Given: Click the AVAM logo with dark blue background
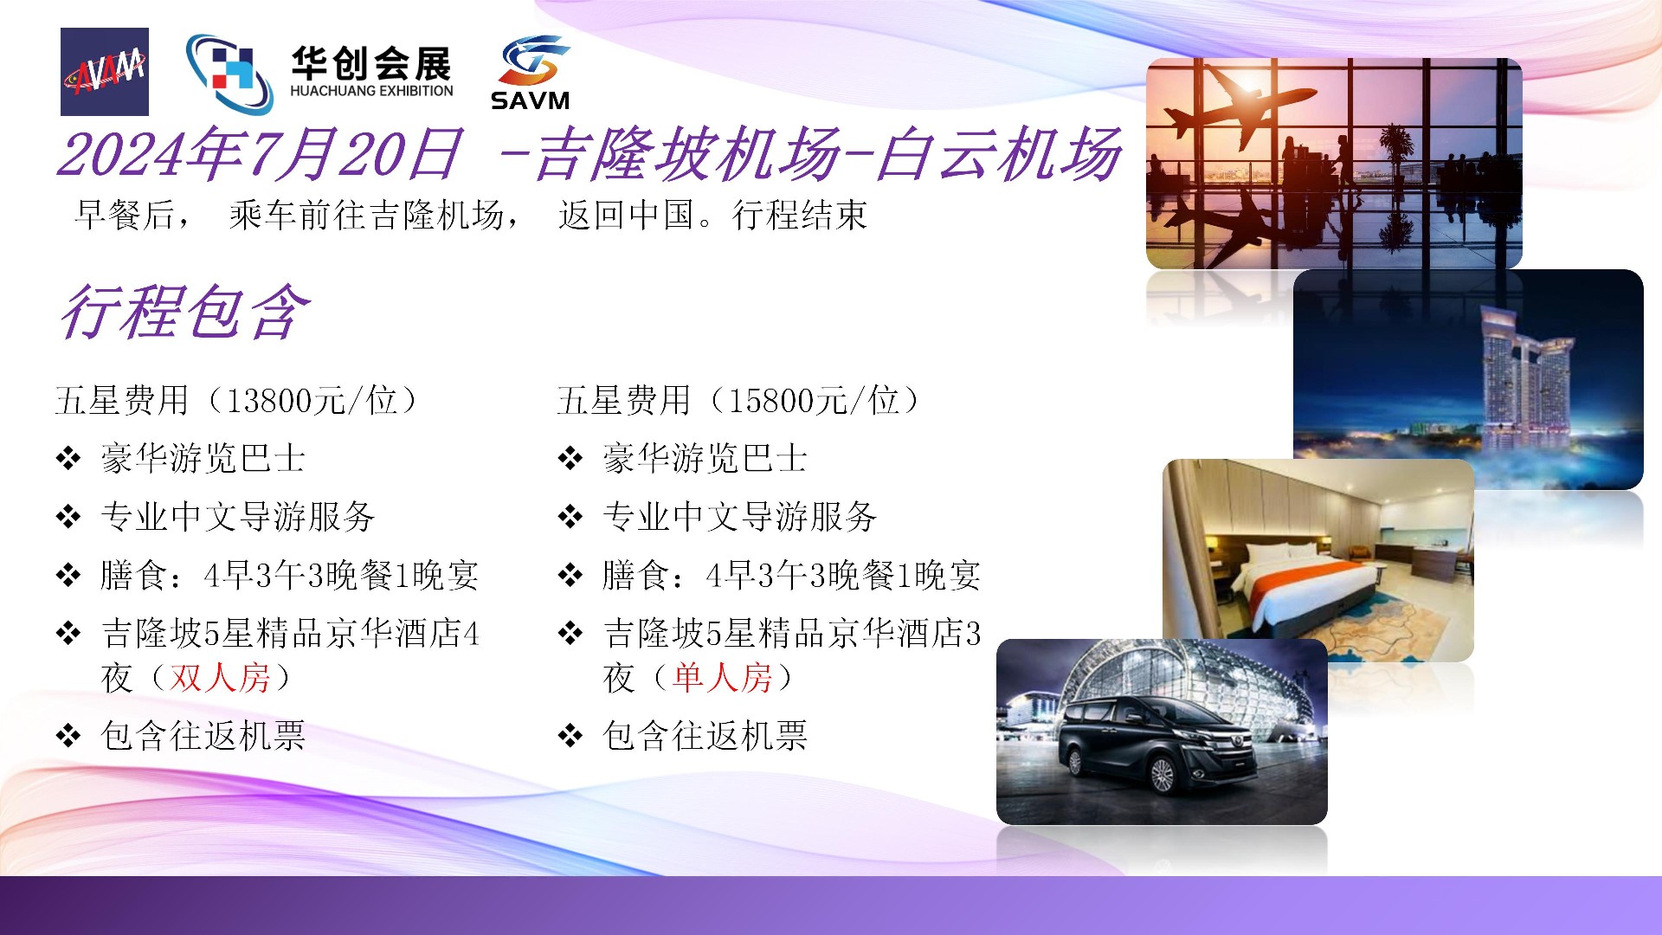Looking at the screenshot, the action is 105,72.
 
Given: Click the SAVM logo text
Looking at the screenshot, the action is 530,100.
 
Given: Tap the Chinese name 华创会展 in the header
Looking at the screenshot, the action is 371,63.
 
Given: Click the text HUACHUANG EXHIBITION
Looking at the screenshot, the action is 371,91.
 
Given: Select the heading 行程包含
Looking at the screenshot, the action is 184,312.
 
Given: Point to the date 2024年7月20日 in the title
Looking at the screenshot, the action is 259,155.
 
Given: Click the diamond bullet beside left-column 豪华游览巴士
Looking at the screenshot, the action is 68,459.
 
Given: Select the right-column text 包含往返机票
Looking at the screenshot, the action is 705,736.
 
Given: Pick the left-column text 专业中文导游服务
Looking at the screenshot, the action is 238,517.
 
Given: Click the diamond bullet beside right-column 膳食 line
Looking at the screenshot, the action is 570,575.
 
